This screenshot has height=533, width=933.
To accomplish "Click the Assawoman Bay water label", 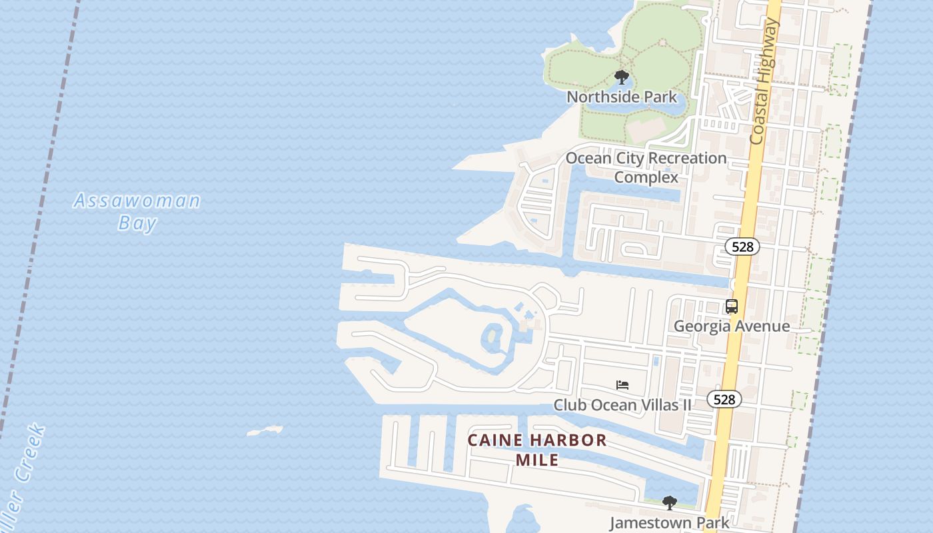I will pyautogui.click(x=137, y=211).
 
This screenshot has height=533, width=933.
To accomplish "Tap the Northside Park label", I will pyautogui.click(x=621, y=97).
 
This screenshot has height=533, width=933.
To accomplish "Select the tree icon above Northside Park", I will pyautogui.click(x=622, y=77).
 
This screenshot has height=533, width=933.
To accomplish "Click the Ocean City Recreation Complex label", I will pyautogui.click(x=646, y=167).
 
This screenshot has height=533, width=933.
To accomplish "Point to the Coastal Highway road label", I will pyautogui.click(x=764, y=81).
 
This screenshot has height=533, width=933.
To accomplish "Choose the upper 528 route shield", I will pyautogui.click(x=742, y=247).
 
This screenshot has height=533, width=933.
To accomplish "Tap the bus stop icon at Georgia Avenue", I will pyautogui.click(x=731, y=306).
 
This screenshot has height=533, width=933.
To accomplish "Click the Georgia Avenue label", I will pyautogui.click(x=731, y=326).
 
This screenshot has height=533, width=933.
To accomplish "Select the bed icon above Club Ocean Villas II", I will pyautogui.click(x=622, y=385).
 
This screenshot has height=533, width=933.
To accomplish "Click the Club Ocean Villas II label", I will pyautogui.click(x=622, y=405).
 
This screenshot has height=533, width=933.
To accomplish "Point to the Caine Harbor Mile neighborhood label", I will pyautogui.click(x=537, y=450).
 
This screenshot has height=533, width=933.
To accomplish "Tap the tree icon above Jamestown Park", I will pyautogui.click(x=669, y=503).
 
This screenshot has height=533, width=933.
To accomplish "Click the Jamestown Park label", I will pyautogui.click(x=669, y=523).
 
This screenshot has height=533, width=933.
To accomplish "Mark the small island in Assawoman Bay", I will pyautogui.click(x=265, y=431).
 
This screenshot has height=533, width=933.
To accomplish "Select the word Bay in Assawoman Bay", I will pyautogui.click(x=137, y=223).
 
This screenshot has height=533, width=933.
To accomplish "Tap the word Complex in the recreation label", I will pyautogui.click(x=646, y=177).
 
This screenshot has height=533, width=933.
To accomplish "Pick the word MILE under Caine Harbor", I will pyautogui.click(x=537, y=460).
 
